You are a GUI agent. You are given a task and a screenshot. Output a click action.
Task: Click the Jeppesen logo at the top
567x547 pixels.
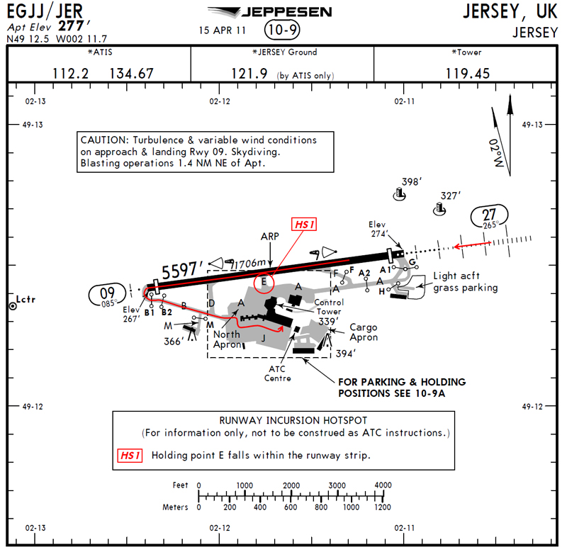click(x=269, y=12)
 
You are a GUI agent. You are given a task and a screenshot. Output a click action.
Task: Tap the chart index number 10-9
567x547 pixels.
click(x=282, y=30)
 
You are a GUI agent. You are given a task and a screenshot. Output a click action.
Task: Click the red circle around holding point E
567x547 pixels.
click(x=264, y=282)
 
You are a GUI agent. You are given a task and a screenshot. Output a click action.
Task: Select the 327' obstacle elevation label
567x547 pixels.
click(x=451, y=196)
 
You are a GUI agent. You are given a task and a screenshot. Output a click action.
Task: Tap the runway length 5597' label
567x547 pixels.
click(x=184, y=270)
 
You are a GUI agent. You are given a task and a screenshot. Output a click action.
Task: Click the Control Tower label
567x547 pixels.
click(x=328, y=306)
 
